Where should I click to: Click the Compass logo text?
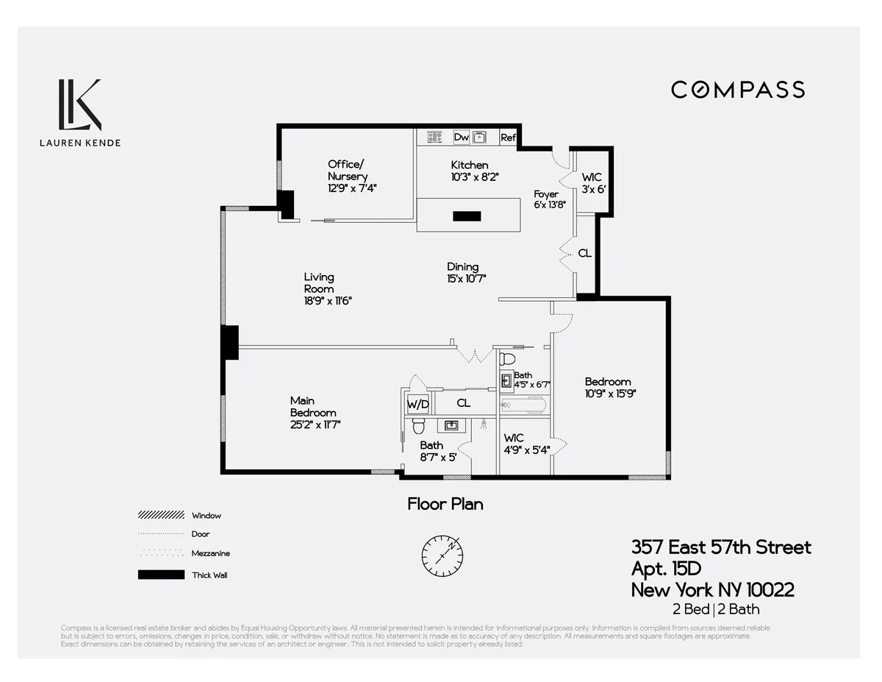pos(737,90)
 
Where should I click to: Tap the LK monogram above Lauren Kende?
pos(79,103)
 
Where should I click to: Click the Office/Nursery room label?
pos(347,170)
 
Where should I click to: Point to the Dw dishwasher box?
pos(461,137)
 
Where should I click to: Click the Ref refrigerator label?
pos(508,138)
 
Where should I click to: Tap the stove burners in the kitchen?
pos(434,137)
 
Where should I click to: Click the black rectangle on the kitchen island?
pos(467,216)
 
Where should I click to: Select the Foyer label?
pos(546,194)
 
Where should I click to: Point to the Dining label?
pos(463,266)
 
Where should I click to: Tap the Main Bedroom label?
pos(302,406)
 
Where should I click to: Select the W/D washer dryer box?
pos(417,404)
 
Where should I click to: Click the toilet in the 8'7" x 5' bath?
pos(418,425)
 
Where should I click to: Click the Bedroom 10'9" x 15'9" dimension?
pos(610,394)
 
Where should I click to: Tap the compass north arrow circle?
pos(442,551)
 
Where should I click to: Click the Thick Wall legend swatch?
pos(161,575)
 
